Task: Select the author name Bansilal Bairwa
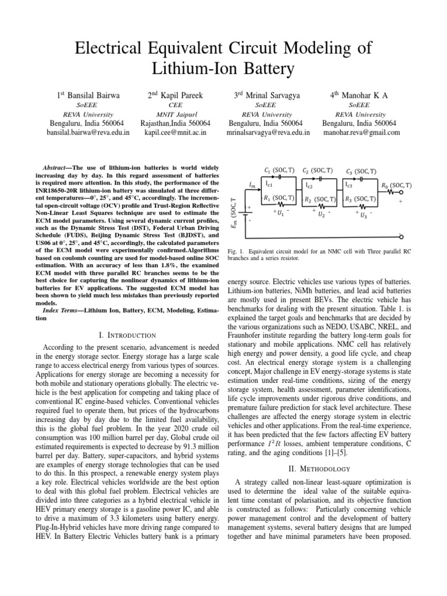coord(93,94)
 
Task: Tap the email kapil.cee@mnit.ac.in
coord(176,133)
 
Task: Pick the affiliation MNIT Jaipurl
coord(176,115)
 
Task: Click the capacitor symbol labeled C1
coord(281,176)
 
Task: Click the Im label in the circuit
coord(251,185)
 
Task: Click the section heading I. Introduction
coord(128,335)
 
